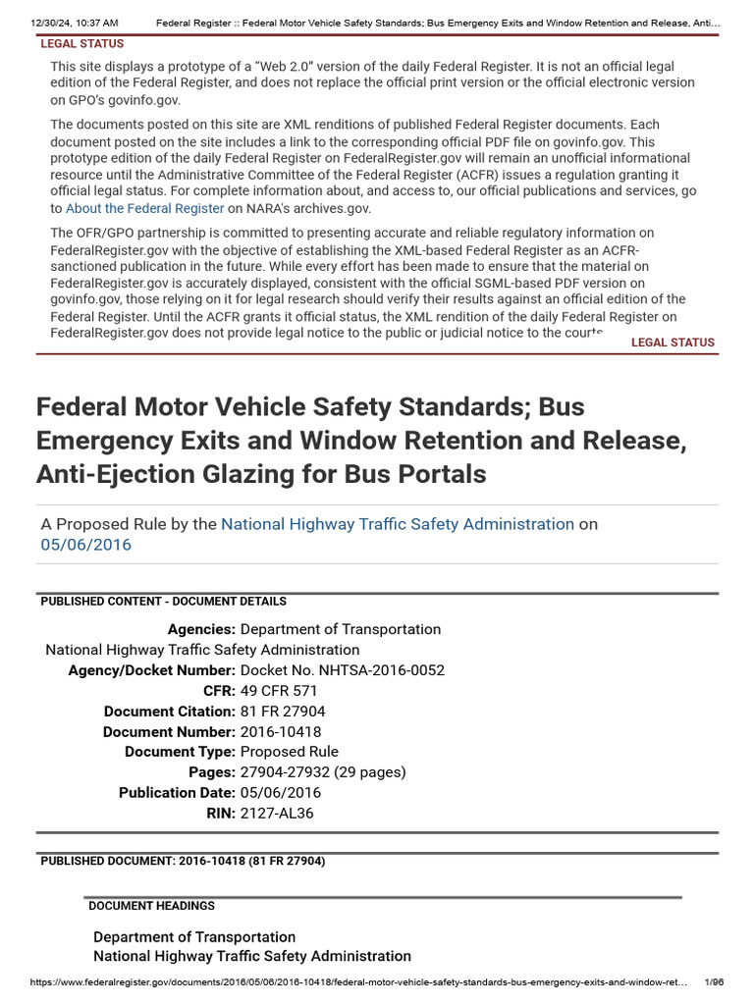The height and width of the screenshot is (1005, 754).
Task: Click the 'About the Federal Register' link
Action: (x=145, y=209)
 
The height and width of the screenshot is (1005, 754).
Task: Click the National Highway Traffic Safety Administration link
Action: (x=398, y=524)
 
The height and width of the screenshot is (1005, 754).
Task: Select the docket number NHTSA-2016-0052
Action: (x=343, y=670)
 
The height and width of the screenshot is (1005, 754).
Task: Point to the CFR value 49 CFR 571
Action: (x=279, y=691)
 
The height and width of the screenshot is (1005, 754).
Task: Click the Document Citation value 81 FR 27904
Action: (x=283, y=712)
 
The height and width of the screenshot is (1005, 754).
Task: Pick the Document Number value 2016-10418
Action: (x=281, y=732)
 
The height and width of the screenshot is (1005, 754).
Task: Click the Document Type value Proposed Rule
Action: (x=289, y=752)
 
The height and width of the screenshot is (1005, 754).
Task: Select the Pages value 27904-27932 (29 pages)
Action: (x=323, y=772)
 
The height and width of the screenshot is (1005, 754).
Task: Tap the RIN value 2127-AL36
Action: (x=277, y=813)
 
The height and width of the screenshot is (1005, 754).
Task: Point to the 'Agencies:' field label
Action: (x=201, y=630)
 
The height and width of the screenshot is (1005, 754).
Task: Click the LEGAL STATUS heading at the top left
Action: (x=82, y=44)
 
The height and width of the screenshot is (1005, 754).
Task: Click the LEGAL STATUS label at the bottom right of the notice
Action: (x=673, y=343)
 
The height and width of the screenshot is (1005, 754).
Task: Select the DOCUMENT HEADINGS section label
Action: (x=152, y=906)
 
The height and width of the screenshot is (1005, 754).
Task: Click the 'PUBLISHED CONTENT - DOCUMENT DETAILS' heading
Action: (x=164, y=602)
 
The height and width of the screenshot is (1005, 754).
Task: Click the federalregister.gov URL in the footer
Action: (x=359, y=982)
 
